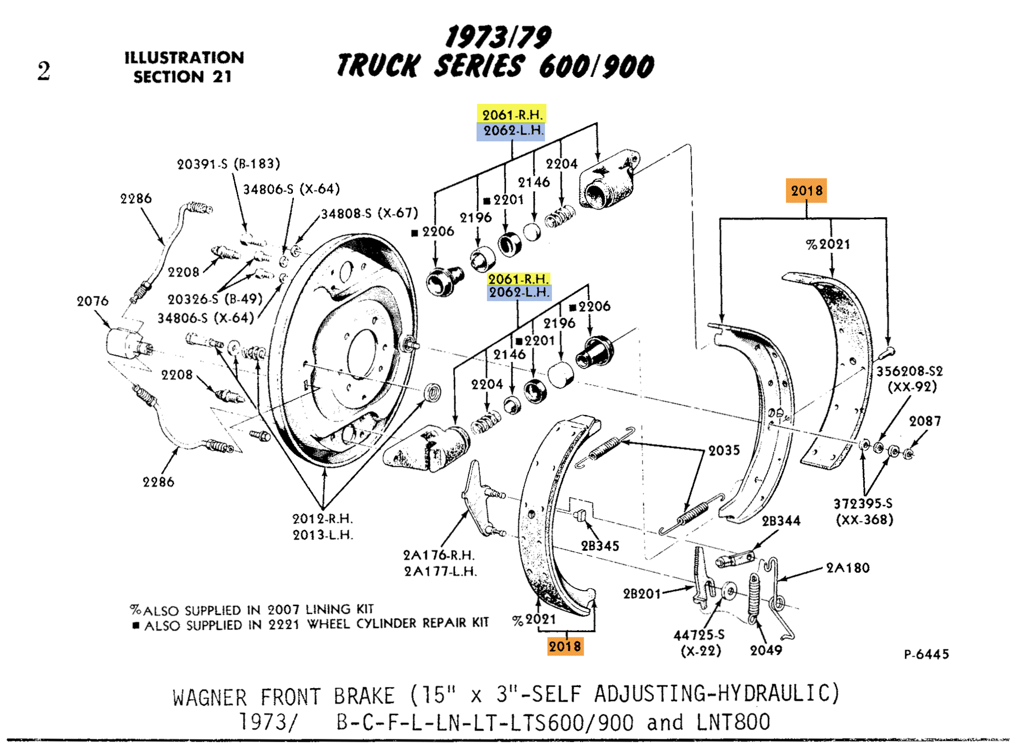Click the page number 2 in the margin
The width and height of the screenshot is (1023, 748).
pyautogui.click(x=44, y=71)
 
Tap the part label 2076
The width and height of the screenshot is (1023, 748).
pyautogui.click(x=93, y=301)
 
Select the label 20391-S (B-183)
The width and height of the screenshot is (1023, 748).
pyautogui.click(x=228, y=164)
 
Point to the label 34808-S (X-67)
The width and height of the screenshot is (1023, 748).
pyautogui.click(x=369, y=213)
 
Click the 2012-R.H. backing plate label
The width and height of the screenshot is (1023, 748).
pyautogui.click(x=323, y=518)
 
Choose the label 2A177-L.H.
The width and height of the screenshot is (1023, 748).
pyautogui.click(x=440, y=571)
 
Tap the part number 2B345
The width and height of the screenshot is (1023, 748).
pyautogui.click(x=600, y=546)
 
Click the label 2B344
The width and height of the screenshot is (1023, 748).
pyautogui.click(x=781, y=521)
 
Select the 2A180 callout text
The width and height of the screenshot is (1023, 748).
pyautogui.click(x=848, y=568)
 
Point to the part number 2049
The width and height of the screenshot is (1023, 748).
pyautogui.click(x=766, y=651)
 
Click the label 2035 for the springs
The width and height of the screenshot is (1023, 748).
pyautogui.click(x=724, y=450)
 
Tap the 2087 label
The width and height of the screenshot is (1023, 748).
pyautogui.click(x=925, y=421)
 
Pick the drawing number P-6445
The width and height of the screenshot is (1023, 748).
pyautogui.click(x=926, y=654)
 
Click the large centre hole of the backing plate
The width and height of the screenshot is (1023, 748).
pyautogui.click(x=363, y=354)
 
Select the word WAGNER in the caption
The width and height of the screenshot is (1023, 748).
pyautogui.click(x=210, y=698)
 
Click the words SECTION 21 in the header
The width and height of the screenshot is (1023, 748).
pyautogui.click(x=182, y=77)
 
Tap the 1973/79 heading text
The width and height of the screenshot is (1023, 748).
pyautogui.click(x=498, y=37)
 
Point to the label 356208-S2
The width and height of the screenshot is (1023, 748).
pyautogui.click(x=909, y=371)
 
